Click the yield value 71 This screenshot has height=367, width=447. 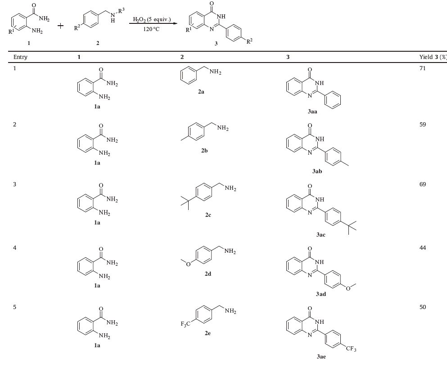point(422,68)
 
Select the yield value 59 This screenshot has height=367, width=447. point(422,124)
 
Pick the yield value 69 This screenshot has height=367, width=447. point(422,184)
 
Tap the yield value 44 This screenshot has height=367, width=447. point(422,248)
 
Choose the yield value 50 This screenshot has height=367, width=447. point(422,307)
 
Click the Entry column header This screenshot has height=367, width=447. point(20,57)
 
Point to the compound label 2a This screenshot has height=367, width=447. point(201,91)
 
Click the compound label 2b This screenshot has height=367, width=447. point(204,151)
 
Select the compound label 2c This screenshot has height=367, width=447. point(208,215)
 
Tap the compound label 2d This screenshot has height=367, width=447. point(208,274)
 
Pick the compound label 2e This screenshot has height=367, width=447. point(208,333)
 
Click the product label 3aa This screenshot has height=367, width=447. point(312,112)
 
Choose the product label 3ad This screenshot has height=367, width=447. point(321,294)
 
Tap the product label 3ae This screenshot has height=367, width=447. point(321,357)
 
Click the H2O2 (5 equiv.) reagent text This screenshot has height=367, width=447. point(152,19)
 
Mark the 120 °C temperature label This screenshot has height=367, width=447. point(151,29)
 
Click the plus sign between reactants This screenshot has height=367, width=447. point(61,26)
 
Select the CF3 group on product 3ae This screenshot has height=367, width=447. point(351,349)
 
